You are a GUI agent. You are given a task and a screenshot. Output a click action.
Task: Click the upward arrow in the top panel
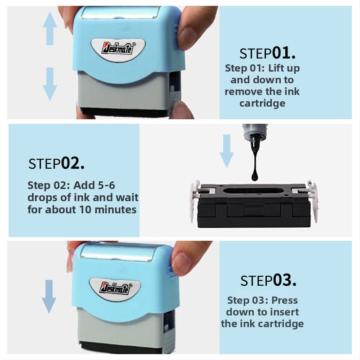50,28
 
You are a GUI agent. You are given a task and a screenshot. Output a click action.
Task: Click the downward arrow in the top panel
50,84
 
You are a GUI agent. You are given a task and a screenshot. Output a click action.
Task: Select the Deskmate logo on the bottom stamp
116,288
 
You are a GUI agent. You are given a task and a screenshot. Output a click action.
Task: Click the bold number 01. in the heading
284,53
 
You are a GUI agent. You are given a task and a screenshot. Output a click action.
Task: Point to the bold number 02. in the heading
72,163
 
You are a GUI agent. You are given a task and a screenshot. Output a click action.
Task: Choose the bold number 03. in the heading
285,280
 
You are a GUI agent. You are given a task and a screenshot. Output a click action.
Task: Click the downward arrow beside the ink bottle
227,151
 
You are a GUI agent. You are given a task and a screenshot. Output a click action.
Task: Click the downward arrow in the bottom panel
49,297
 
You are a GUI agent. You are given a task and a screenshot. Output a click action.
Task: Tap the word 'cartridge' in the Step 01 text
262,103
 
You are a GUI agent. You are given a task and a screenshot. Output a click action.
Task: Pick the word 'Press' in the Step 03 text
284,300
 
